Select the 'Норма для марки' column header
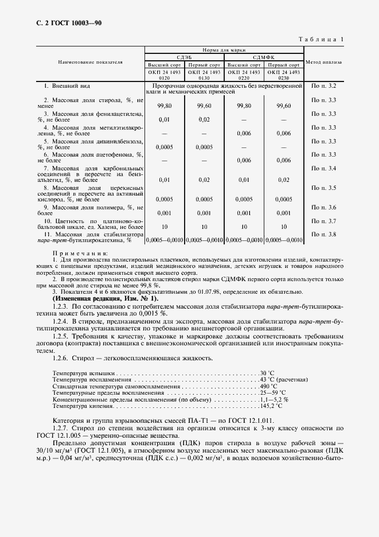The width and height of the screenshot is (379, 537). coord(224,50)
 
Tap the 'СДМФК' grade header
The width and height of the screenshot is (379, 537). coord(264,57)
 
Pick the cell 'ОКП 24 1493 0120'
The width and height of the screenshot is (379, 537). coord(164,75)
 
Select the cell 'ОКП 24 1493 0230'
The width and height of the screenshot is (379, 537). coord(283,75)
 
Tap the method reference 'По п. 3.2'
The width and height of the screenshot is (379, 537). coord(323,86)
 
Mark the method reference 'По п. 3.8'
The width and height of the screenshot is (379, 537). coord(323,235)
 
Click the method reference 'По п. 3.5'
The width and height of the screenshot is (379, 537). coord(323,188)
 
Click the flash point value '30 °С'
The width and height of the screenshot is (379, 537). coord(267,373)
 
